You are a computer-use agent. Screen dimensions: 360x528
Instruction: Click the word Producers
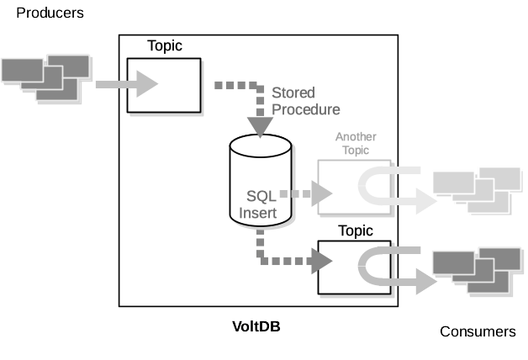50,13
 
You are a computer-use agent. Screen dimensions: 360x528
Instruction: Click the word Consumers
478,331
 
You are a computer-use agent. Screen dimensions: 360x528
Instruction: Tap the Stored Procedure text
305,100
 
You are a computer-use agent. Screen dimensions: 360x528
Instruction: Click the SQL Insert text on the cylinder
260,204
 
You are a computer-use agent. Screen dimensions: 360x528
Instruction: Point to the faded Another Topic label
356,143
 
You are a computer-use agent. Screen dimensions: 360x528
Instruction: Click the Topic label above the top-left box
165,45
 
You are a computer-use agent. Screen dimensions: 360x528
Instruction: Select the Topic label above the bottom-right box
355,230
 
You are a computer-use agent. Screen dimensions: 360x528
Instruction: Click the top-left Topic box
164,85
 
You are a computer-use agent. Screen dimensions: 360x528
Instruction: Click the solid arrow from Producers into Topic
126,83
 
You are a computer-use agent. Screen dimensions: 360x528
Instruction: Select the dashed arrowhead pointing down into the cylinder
261,124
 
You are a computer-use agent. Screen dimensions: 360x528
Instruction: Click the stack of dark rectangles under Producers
46,78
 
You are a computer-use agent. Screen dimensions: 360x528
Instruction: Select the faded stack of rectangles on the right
476,190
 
